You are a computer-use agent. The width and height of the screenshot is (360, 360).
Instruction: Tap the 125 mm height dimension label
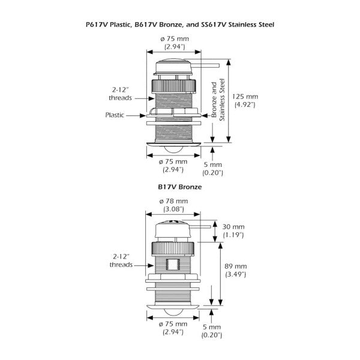[x=245, y=95]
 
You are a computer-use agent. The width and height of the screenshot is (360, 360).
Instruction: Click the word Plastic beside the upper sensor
[x=115, y=115]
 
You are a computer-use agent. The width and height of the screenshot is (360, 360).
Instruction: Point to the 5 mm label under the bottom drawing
[x=213, y=331]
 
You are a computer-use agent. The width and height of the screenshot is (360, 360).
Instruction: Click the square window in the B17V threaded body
[x=173, y=263]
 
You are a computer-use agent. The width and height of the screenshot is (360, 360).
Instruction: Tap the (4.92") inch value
[x=245, y=104]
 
